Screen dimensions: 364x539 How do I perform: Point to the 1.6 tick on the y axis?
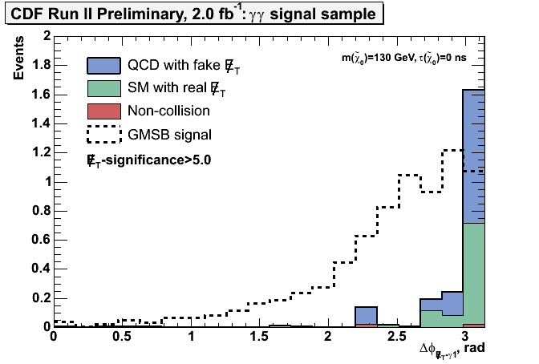pos(34,95)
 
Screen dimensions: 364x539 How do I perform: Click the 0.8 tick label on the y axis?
pos(34,211)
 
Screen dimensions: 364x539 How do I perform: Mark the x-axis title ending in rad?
pos(452,350)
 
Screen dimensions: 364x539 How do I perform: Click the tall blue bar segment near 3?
pos(474,156)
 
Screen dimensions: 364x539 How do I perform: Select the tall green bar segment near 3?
pos(474,273)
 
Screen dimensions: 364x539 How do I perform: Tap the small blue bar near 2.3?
pos(367,315)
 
